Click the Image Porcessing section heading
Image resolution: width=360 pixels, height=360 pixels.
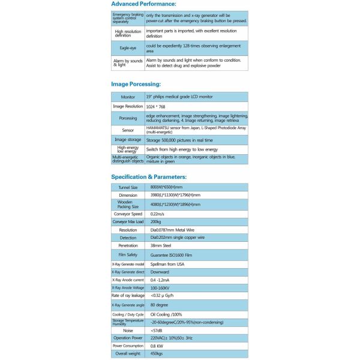(136, 85)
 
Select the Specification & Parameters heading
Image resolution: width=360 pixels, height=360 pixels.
(149, 177)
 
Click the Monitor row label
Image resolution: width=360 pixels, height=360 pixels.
(128, 97)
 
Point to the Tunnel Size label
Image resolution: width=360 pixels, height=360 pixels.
(128, 188)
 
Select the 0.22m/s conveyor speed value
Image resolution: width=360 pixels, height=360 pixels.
(157, 214)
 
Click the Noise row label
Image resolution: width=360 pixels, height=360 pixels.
(128, 330)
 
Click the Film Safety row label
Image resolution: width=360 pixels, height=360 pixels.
(128, 254)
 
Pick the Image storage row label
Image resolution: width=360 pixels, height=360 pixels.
(128, 140)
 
